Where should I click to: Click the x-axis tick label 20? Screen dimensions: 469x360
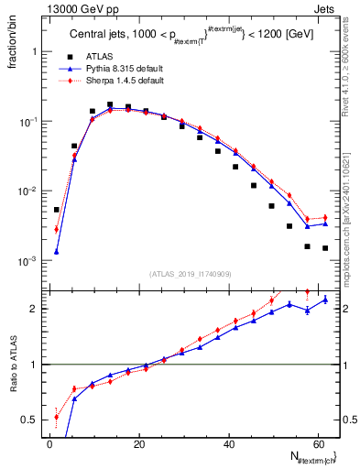click(x=139, y=444)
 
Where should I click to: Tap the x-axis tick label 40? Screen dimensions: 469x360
click(x=229, y=444)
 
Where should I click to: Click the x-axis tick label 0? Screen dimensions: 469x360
click(x=49, y=444)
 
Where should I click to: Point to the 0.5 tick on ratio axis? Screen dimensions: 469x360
click(x=35, y=420)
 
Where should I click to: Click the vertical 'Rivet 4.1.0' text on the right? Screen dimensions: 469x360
click(x=348, y=73)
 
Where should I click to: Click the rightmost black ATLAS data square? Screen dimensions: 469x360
click(x=325, y=248)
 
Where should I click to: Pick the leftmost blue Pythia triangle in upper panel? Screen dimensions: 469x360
click(x=57, y=252)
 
